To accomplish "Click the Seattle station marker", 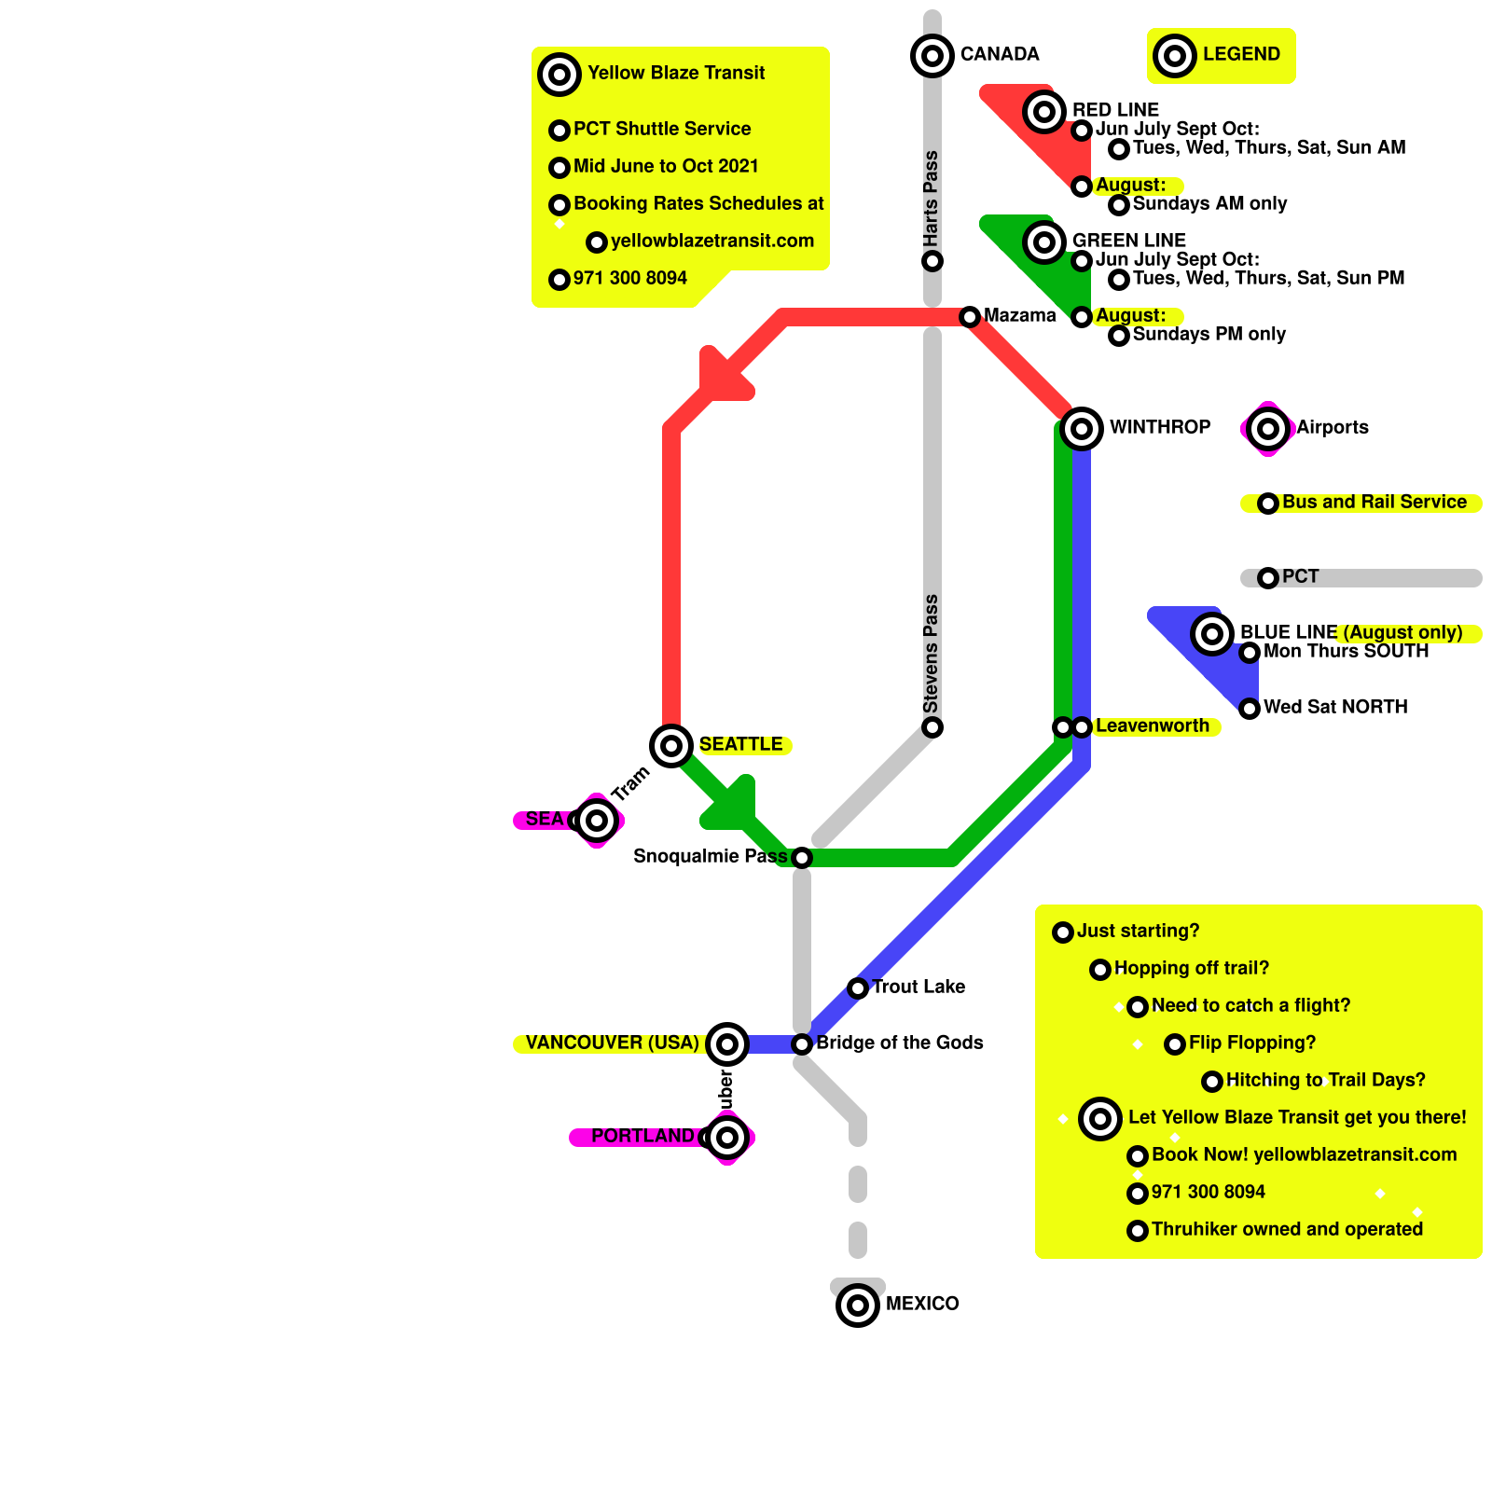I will click(x=671, y=745).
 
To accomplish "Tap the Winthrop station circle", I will click(x=1082, y=428).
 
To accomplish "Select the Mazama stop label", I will click(x=1019, y=315).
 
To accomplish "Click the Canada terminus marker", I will click(x=932, y=55).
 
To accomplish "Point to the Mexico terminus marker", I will click(x=858, y=1305).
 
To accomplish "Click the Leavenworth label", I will click(x=1152, y=725).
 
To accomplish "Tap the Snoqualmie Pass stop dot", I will click(x=802, y=857).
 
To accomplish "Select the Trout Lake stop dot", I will click(x=858, y=988).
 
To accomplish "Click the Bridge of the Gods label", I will click(x=899, y=1043).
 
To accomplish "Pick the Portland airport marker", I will click(x=727, y=1137).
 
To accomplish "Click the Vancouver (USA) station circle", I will click(x=727, y=1043).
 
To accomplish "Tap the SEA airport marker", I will click(x=597, y=820).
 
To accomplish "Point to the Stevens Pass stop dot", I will click(x=932, y=726).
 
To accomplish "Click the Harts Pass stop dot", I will click(x=932, y=260).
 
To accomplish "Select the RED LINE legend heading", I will click(x=1115, y=110).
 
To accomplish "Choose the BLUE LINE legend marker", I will click(x=1212, y=634).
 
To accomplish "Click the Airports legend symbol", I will click(x=1268, y=428).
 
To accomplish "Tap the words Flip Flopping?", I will click(x=1251, y=1043).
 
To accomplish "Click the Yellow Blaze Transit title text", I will click(x=676, y=73).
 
